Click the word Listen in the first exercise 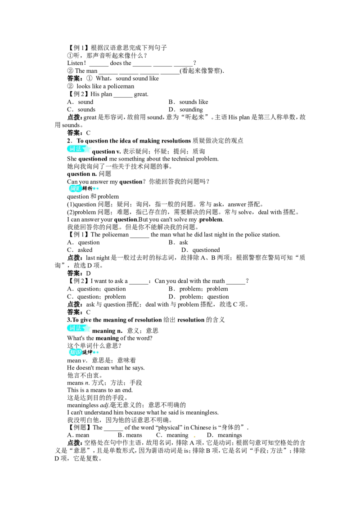tap(75, 63)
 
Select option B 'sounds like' tap(189, 102)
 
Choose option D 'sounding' tap(186, 110)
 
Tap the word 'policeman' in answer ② tap(121, 86)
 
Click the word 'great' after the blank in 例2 tap(141, 94)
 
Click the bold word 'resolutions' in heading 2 tap(175, 141)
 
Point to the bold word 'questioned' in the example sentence tap(93, 159)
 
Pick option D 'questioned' tap(201, 250)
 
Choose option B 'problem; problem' tap(198, 289)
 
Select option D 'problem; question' tap(198, 297)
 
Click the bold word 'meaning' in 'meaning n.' tap(103, 331)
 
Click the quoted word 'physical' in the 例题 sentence tap(169, 428)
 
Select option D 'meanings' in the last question tap(224, 435)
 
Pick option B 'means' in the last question tap(130, 435)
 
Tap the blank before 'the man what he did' tap(139, 237)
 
